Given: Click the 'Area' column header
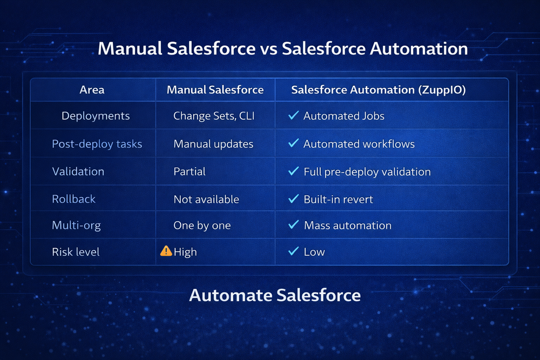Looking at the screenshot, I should pos(92,90).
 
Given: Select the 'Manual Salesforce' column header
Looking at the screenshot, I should pos(215,90).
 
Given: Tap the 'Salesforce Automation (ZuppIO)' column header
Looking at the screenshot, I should pos(378,90).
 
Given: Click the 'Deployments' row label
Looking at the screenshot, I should pos(96,116).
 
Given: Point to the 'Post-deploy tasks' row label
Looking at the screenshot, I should pos(97,144).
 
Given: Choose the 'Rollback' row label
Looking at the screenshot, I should pos(73,199).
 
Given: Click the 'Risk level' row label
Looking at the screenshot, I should pos(76,252).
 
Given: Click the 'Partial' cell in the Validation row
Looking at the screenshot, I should pos(189,172).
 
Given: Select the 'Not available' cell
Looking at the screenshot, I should pos(206,199).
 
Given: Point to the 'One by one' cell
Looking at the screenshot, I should pos(201,226).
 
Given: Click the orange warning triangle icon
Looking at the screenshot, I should pos(166,251).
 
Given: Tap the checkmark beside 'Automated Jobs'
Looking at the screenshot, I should pos(294,116).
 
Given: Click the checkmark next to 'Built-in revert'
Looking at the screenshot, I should pos(294,199).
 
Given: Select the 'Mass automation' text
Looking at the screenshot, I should pos(347,226).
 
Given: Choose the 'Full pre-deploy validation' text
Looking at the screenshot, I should pos(367,172).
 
